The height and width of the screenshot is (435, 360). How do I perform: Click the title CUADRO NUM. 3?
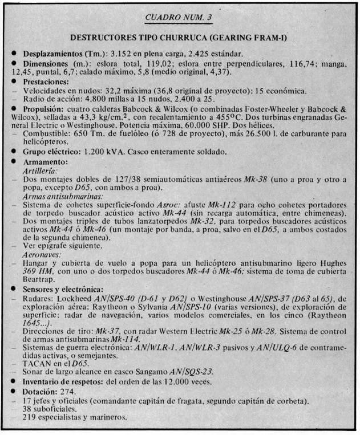(179, 17)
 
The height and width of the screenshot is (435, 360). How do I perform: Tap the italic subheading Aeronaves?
(41, 254)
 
